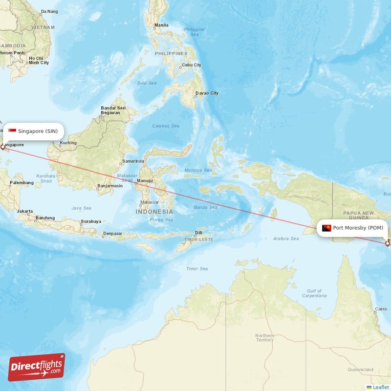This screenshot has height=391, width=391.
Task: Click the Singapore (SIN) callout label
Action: [x=33, y=131]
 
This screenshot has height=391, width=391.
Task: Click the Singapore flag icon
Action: [x=12, y=131]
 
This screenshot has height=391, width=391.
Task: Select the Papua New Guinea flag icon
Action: [x=326, y=228]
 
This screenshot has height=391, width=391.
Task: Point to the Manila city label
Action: [x=161, y=25]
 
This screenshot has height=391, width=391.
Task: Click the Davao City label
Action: [x=207, y=93]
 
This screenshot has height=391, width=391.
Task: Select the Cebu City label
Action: [x=191, y=65]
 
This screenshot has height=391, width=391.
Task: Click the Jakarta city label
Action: [x=25, y=212]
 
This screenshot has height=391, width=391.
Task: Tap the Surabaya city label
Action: [x=91, y=221]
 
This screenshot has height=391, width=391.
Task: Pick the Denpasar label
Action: [x=112, y=234]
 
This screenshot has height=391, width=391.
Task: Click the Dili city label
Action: [x=198, y=233]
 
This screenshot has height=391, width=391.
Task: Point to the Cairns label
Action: [x=380, y=309]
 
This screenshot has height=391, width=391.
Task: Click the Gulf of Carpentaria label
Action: [x=311, y=293]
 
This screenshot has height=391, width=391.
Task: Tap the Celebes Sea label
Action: [x=165, y=126]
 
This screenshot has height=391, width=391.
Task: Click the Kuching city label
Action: [x=68, y=143]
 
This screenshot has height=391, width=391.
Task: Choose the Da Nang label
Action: [x=49, y=11]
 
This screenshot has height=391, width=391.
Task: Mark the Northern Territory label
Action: [x=264, y=337]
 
